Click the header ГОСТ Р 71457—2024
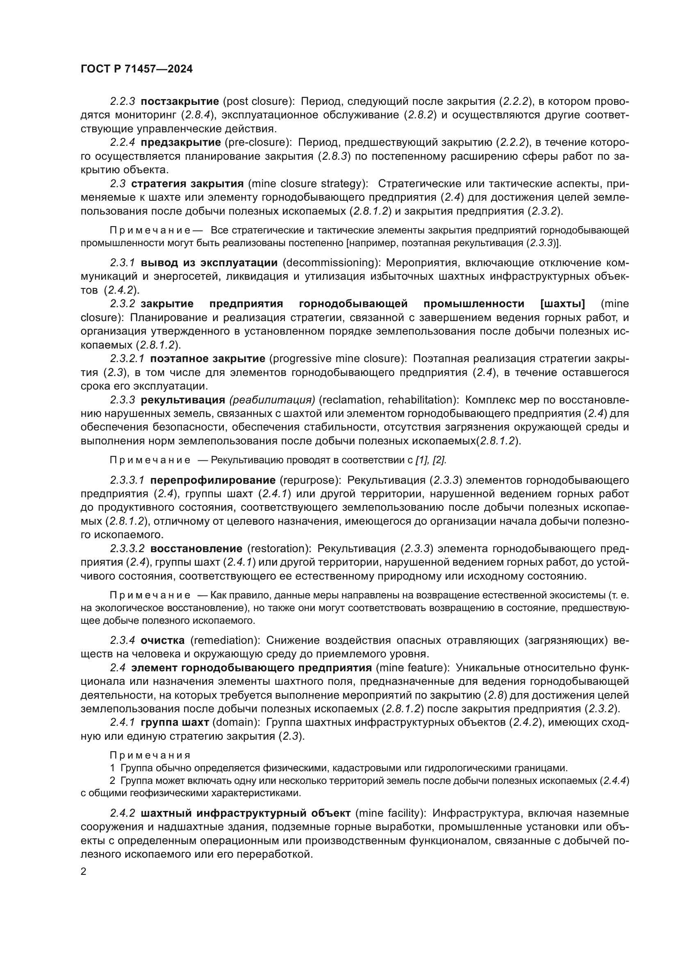coord(137,69)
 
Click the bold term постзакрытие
coord(180,102)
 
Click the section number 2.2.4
coord(122,143)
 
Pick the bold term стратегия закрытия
coord(187,184)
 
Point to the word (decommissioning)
coord(331,263)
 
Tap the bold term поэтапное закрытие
coord(207,359)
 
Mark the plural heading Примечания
coord(150,756)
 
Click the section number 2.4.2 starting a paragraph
coord(122,814)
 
